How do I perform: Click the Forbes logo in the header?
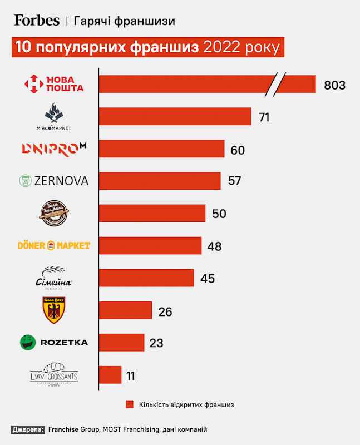pos(37,21)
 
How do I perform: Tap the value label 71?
pos(264,117)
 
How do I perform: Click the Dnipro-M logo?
pos(53,149)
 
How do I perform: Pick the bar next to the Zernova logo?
pos(159,181)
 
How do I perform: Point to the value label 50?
pos(219,214)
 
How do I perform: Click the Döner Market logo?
pos(53,245)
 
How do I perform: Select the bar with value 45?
pos(146,278)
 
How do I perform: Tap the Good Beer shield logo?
pos(54,310)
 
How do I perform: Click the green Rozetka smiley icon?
pos(27,342)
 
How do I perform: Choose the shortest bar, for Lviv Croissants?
pos(110,374)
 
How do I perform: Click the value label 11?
pos(130,375)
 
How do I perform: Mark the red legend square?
pos(130,404)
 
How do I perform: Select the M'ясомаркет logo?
pos(53,117)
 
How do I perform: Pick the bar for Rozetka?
pos(121,342)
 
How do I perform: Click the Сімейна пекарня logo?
pos(53,278)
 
